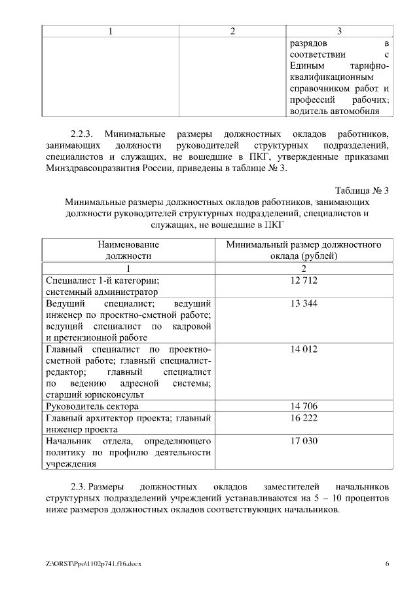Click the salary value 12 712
tap(304, 280)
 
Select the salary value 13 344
tap(304, 304)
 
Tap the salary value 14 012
tap(304, 349)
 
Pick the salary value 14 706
tap(304, 406)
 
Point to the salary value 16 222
tap(304, 417)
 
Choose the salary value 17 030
tap(304, 441)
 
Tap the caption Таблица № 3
tap(361, 191)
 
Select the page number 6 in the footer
tap(387, 564)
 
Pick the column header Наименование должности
tap(128, 250)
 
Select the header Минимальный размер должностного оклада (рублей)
tap(304, 250)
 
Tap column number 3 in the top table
tap(338, 31)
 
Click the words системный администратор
tap(101, 292)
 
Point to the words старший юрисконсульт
tap(94, 394)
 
